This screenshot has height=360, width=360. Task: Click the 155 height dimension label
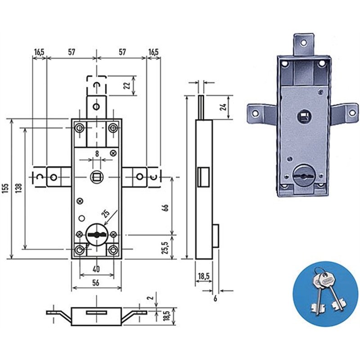pos(6,188)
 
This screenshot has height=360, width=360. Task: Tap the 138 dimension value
pos(19,188)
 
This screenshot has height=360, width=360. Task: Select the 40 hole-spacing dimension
pos(96,269)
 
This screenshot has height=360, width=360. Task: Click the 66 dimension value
pos(165,207)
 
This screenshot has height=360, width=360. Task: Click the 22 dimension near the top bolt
pos(127,85)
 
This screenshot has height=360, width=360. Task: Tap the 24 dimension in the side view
pos(223,107)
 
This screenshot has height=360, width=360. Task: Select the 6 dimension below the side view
pos(215,298)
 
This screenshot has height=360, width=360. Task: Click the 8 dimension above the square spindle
pos(97,153)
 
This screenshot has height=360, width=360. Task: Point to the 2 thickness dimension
pos(150,298)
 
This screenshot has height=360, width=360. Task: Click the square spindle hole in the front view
pos(97,177)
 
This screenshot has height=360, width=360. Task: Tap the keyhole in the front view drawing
pos(97,234)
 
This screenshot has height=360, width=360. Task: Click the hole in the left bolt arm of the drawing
pos(54,177)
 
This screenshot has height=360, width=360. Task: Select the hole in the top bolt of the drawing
pos(96,107)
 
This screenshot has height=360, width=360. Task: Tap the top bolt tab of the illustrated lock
pos(303,45)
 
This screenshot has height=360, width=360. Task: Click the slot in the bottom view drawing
pos(96,312)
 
